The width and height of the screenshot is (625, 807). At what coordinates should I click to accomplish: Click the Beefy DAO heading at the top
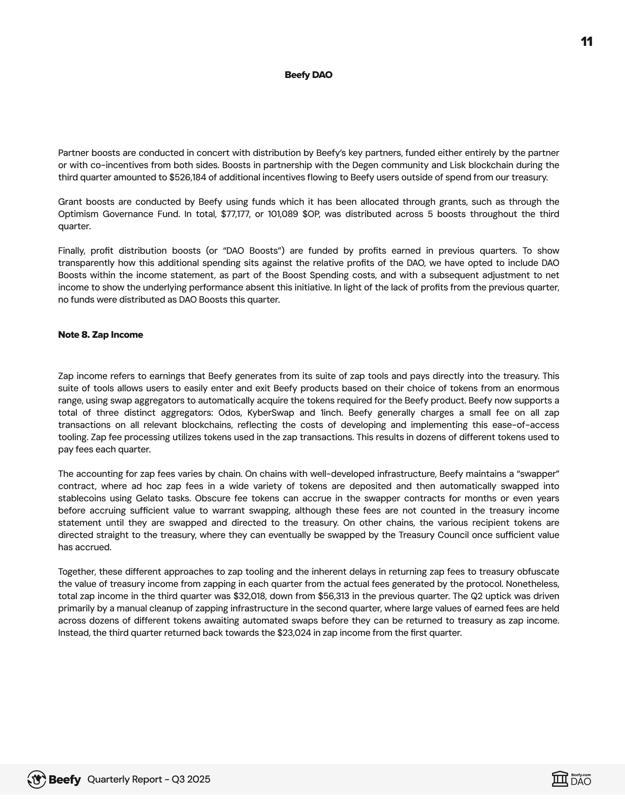308,75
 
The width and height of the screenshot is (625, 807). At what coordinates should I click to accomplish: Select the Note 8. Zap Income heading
100,335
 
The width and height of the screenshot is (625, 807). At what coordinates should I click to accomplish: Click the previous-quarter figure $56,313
333,596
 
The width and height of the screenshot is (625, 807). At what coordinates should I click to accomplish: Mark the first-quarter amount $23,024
294,633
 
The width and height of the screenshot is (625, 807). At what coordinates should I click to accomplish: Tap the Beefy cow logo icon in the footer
37,779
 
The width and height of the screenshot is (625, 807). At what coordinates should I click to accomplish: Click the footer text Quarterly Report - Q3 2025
149,779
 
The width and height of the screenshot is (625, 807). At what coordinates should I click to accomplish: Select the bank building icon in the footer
560,779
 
